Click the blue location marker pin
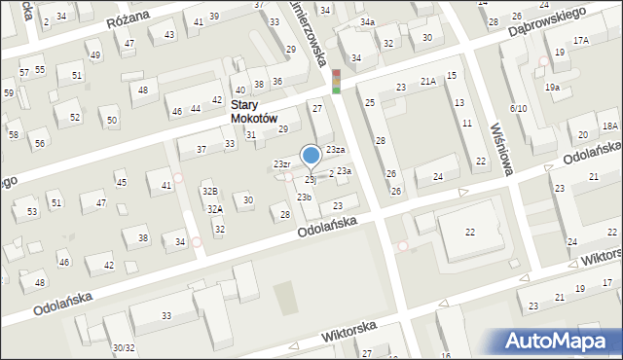(x=311, y=156)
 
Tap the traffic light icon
(x=336, y=81)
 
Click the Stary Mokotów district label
(x=255, y=112)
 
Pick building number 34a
(x=366, y=21)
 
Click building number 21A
(x=428, y=82)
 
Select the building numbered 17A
(x=581, y=40)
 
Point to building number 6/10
(x=518, y=108)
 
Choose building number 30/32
(x=124, y=347)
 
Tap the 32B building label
(x=210, y=192)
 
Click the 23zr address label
(x=281, y=163)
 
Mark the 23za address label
(x=336, y=149)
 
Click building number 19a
(x=552, y=88)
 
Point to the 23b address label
(x=304, y=198)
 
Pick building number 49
(x=94, y=54)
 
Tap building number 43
(x=169, y=35)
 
